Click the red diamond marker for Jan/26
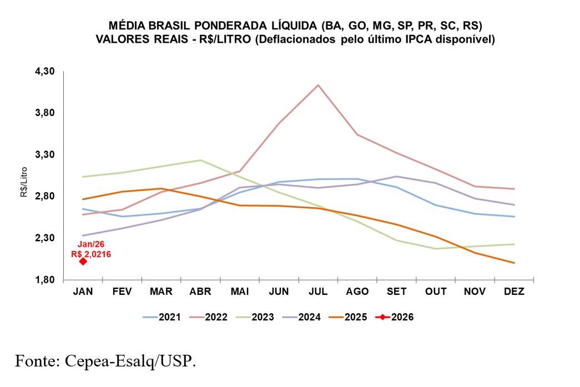coord(83,261)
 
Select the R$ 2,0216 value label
coord(91,254)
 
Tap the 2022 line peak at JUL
coord(317,85)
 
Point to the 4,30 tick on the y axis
coord(45,72)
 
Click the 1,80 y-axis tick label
coord(45,280)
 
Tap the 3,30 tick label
coord(45,155)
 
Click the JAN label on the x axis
coord(83,291)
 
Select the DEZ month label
coord(514,291)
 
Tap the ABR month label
coord(200,291)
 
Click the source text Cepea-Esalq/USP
coord(130,361)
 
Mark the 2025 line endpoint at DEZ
coord(514,263)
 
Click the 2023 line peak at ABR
coord(200,160)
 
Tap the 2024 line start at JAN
coord(83,235)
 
